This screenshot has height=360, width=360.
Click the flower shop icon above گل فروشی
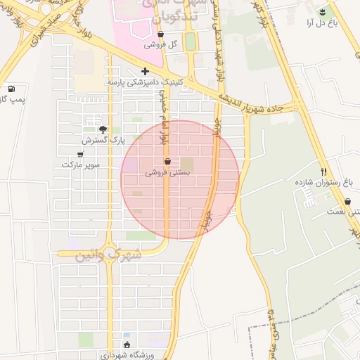click(161, 33)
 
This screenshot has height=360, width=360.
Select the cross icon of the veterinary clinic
click(146, 71)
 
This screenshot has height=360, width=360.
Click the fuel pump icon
click(11, 89)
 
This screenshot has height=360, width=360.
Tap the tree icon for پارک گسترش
click(103, 129)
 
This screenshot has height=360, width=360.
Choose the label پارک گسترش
click(103, 140)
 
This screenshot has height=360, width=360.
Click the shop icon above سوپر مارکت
click(80, 154)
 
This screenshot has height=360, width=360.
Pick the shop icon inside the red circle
click(167, 161)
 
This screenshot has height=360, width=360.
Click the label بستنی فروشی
click(167, 172)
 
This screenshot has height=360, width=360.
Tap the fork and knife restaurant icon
click(324, 171)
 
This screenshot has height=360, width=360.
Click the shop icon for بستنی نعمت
click(347, 201)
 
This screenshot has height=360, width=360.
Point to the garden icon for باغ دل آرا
click(323, 11)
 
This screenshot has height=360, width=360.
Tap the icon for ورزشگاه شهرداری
click(127, 345)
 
